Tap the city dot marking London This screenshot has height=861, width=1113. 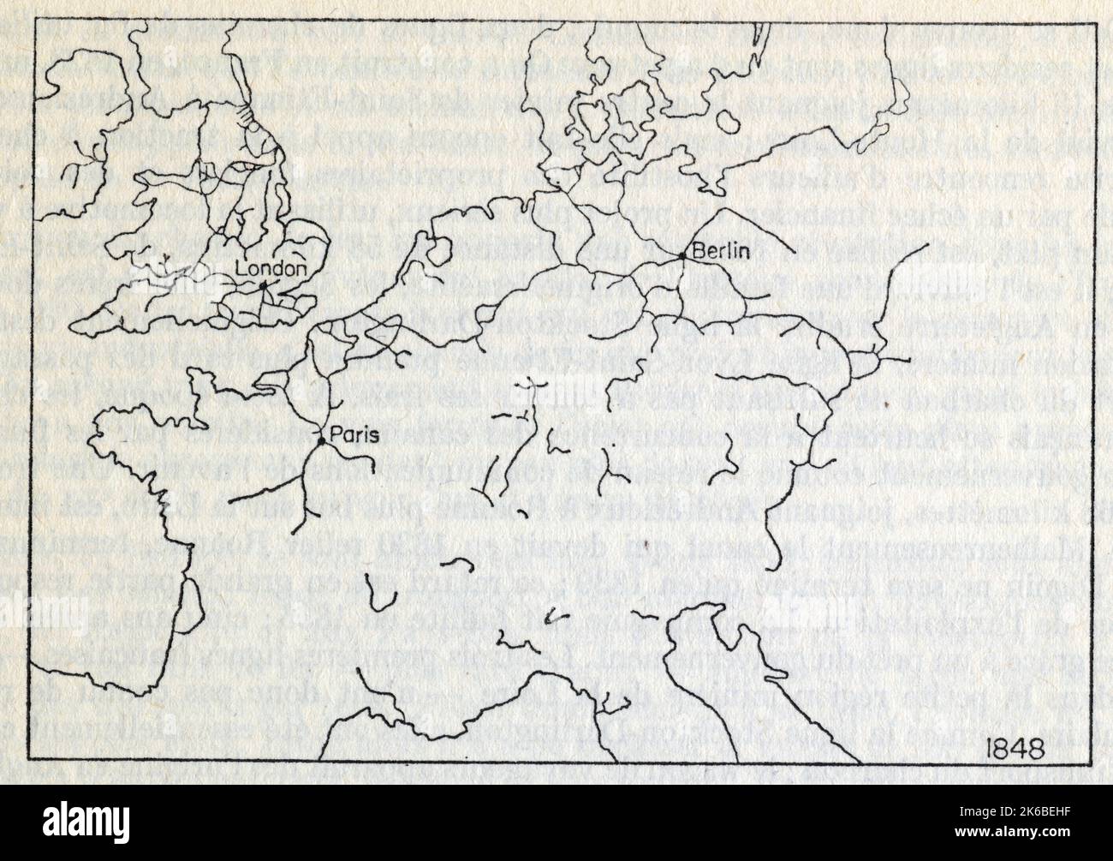click(263, 284)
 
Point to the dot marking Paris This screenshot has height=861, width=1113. click(321, 440)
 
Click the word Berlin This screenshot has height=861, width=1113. click(721, 252)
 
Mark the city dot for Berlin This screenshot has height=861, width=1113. click(681, 255)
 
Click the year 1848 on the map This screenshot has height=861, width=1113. click(1008, 744)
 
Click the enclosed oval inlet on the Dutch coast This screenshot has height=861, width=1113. click(434, 248)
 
